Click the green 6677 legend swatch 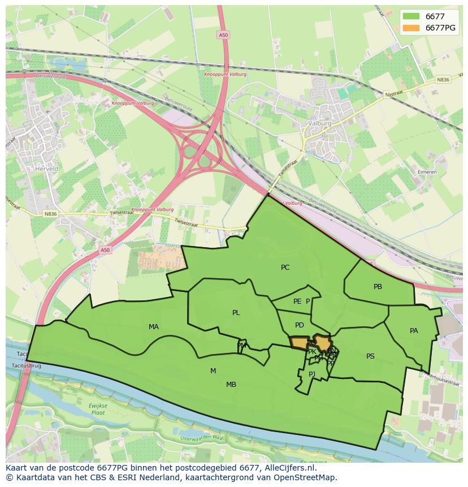(x=411, y=16)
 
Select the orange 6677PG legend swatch (x=411, y=28)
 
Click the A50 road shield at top (x=223, y=35)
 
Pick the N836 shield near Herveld (x=50, y=213)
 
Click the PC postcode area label (x=285, y=268)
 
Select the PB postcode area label (x=378, y=287)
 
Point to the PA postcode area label (x=414, y=331)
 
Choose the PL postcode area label (x=236, y=313)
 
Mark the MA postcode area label (x=154, y=327)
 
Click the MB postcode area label (x=231, y=385)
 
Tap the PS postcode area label (x=370, y=356)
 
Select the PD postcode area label (x=300, y=325)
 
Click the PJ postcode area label (x=312, y=374)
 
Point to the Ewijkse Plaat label (x=97, y=409)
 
